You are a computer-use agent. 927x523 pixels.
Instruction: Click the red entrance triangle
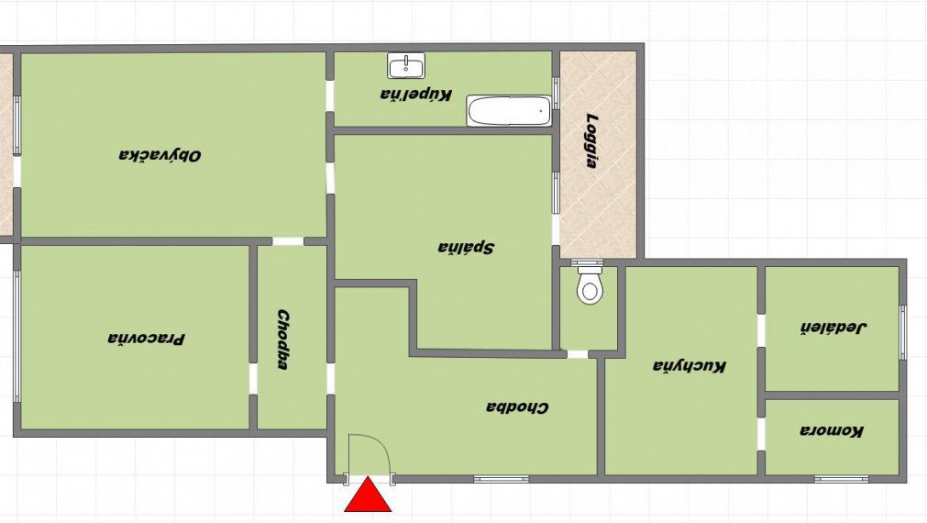(368, 495)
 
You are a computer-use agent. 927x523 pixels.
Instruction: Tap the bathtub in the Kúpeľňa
(509, 111)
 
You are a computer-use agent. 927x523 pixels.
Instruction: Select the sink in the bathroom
(406, 65)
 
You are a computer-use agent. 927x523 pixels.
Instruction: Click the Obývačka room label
(160, 156)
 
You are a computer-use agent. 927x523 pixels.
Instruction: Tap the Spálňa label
(466, 248)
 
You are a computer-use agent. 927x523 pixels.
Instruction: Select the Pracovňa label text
(146, 339)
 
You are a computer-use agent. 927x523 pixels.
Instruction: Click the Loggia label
(590, 140)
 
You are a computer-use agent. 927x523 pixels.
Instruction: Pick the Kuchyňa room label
(690, 366)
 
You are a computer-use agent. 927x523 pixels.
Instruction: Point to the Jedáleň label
(833, 328)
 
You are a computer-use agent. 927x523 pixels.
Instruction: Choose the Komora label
(832, 430)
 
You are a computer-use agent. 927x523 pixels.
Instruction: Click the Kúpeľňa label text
(416, 95)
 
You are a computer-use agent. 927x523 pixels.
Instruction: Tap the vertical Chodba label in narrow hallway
(283, 339)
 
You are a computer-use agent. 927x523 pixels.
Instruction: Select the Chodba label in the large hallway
(517, 407)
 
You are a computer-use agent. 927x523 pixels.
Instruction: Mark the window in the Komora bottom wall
(841, 479)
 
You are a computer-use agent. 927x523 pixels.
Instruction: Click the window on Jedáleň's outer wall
(903, 332)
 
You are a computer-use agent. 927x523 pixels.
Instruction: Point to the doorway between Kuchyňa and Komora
(761, 434)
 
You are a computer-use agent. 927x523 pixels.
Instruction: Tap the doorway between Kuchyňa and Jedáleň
(761, 330)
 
